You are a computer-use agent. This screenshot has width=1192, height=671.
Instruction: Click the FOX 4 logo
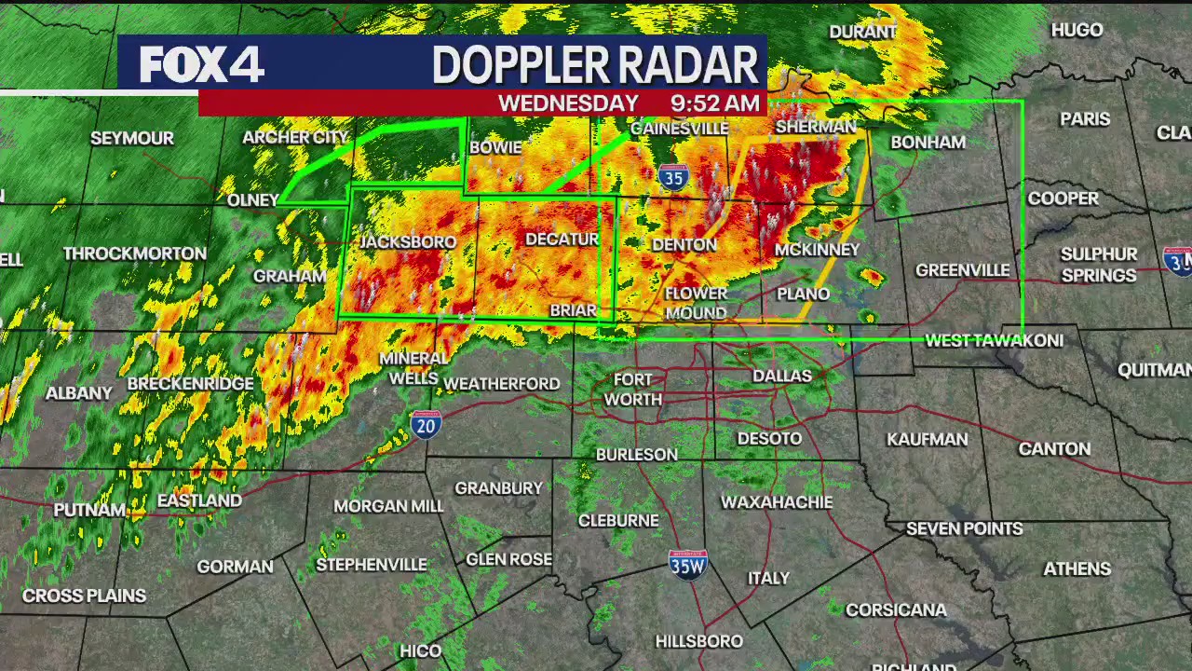[202, 64]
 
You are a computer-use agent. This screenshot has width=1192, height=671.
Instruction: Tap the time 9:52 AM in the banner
[716, 103]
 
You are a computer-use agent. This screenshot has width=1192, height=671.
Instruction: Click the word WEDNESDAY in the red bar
[568, 103]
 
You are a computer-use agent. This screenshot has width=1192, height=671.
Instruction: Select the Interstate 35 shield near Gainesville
[672, 176]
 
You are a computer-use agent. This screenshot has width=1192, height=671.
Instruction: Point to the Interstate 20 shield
[426, 425]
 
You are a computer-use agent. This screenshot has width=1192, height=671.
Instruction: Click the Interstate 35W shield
[688, 564]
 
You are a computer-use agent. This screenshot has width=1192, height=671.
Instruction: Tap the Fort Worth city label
[633, 390]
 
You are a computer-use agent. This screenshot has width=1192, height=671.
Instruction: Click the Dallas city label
[781, 376]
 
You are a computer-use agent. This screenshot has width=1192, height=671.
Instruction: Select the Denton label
[684, 245]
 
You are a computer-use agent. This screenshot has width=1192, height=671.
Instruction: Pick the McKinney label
[817, 250]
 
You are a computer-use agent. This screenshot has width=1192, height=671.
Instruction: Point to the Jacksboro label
[408, 242]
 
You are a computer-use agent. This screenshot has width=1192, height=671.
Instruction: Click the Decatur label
[562, 240]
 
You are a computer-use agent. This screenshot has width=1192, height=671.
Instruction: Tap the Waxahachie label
[777, 502]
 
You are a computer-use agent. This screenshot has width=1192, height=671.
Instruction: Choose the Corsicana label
[896, 610]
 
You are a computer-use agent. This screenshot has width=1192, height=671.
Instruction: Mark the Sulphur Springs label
[1099, 265]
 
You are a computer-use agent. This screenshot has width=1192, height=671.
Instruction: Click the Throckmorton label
[135, 253]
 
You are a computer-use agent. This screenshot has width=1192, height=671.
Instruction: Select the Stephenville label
[372, 565]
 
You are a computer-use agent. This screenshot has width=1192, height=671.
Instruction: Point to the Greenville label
[962, 270]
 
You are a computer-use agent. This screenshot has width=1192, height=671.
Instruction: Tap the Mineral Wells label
[413, 368]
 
